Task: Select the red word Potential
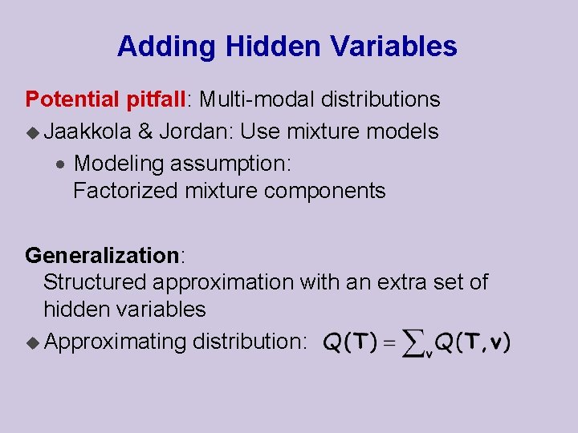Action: [72, 99]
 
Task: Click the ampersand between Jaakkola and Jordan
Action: [145, 131]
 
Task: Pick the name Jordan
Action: [196, 131]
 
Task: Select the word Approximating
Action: [116, 342]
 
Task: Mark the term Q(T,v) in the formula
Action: [473, 343]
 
